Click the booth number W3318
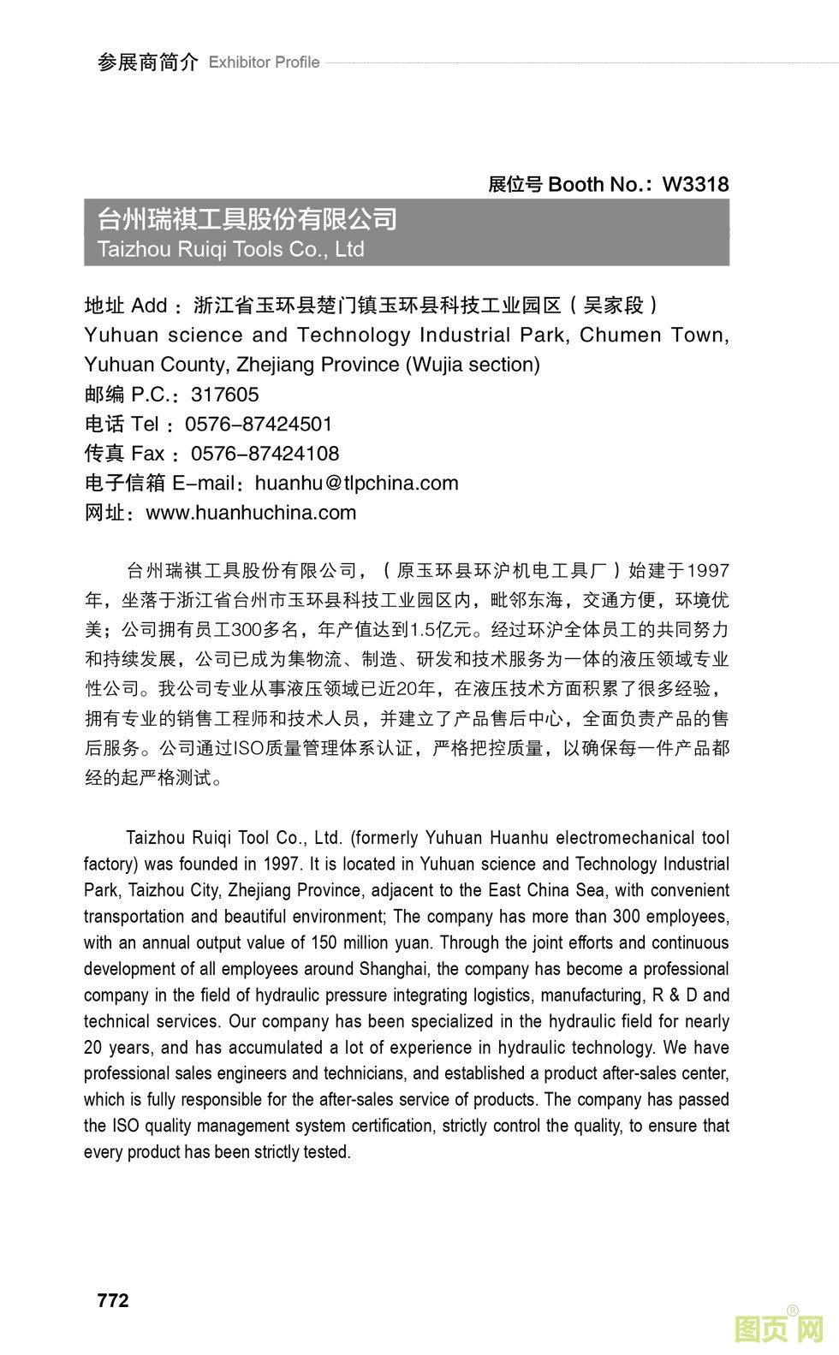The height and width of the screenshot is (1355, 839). (x=695, y=184)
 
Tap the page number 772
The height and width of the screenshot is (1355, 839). (x=113, y=1300)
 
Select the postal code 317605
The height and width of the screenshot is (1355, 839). (x=224, y=395)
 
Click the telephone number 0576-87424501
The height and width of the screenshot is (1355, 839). (x=259, y=425)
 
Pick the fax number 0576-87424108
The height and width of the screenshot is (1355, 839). (x=265, y=454)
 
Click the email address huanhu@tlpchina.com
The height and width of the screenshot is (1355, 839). (x=356, y=483)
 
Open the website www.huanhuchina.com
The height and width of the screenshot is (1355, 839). (x=251, y=513)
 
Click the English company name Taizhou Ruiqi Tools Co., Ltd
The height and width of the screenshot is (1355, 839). (x=231, y=249)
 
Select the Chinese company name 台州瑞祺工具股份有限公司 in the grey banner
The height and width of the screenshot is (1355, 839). (x=247, y=219)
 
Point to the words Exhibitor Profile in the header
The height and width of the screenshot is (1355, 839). (x=264, y=62)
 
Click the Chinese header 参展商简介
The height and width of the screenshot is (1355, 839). (x=147, y=62)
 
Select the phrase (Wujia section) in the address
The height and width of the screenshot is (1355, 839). (x=473, y=365)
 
